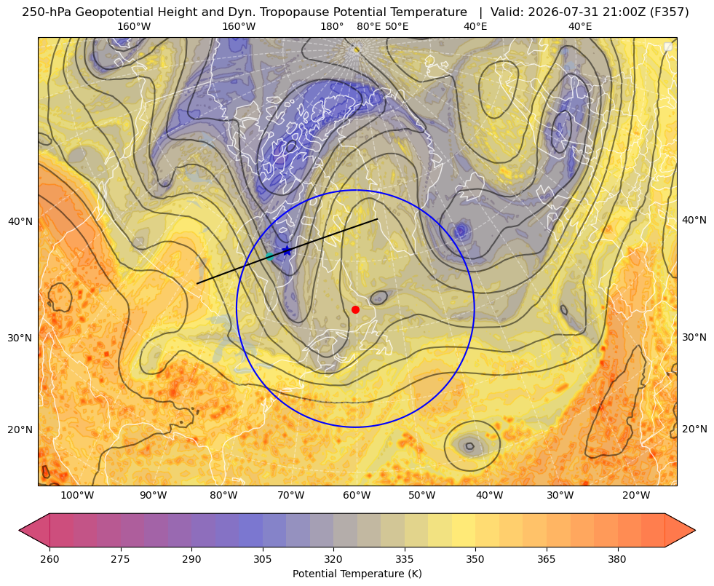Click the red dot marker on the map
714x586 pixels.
(x=356, y=309)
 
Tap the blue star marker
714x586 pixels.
(x=287, y=250)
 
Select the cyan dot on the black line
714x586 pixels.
(x=269, y=256)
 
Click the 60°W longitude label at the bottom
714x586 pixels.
(x=357, y=496)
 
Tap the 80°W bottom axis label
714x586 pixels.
(x=223, y=496)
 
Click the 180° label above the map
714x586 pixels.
(x=332, y=26)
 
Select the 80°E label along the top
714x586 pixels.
(x=368, y=26)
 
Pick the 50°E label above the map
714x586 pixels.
(x=397, y=26)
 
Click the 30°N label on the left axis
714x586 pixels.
(x=20, y=338)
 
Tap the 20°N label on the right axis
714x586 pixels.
(x=694, y=429)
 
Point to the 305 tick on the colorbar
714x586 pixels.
(x=262, y=559)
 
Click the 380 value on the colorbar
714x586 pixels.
(x=617, y=559)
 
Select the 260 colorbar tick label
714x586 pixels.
(x=49, y=559)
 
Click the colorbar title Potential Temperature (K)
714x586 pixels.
(x=357, y=574)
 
